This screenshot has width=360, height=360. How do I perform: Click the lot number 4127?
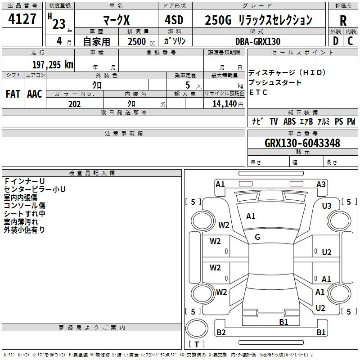coord(22,19)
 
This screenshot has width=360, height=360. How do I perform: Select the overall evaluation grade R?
coord(343,21)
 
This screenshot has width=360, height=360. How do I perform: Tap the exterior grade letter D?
coord(336,41)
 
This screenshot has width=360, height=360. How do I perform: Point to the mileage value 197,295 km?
coord(53,65)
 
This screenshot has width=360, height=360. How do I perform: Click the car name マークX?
coord(117,20)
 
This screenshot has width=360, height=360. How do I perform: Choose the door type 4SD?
coord(174,20)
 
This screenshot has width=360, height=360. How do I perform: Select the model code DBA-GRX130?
coord(258,41)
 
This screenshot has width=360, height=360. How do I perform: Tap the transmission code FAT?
coord(13,94)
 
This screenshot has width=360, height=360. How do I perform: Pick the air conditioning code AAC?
coord(35,94)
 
